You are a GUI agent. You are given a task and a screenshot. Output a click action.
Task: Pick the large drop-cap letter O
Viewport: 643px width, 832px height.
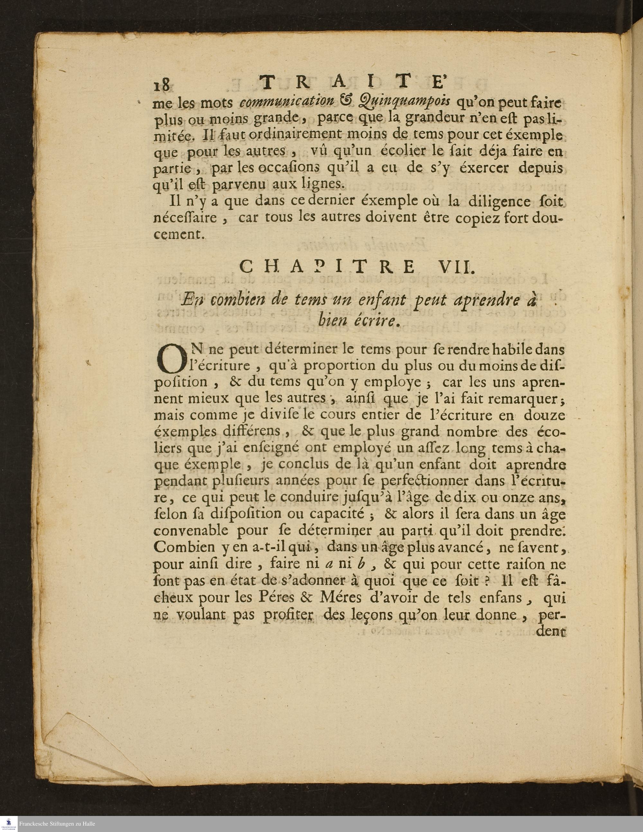[170, 359]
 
